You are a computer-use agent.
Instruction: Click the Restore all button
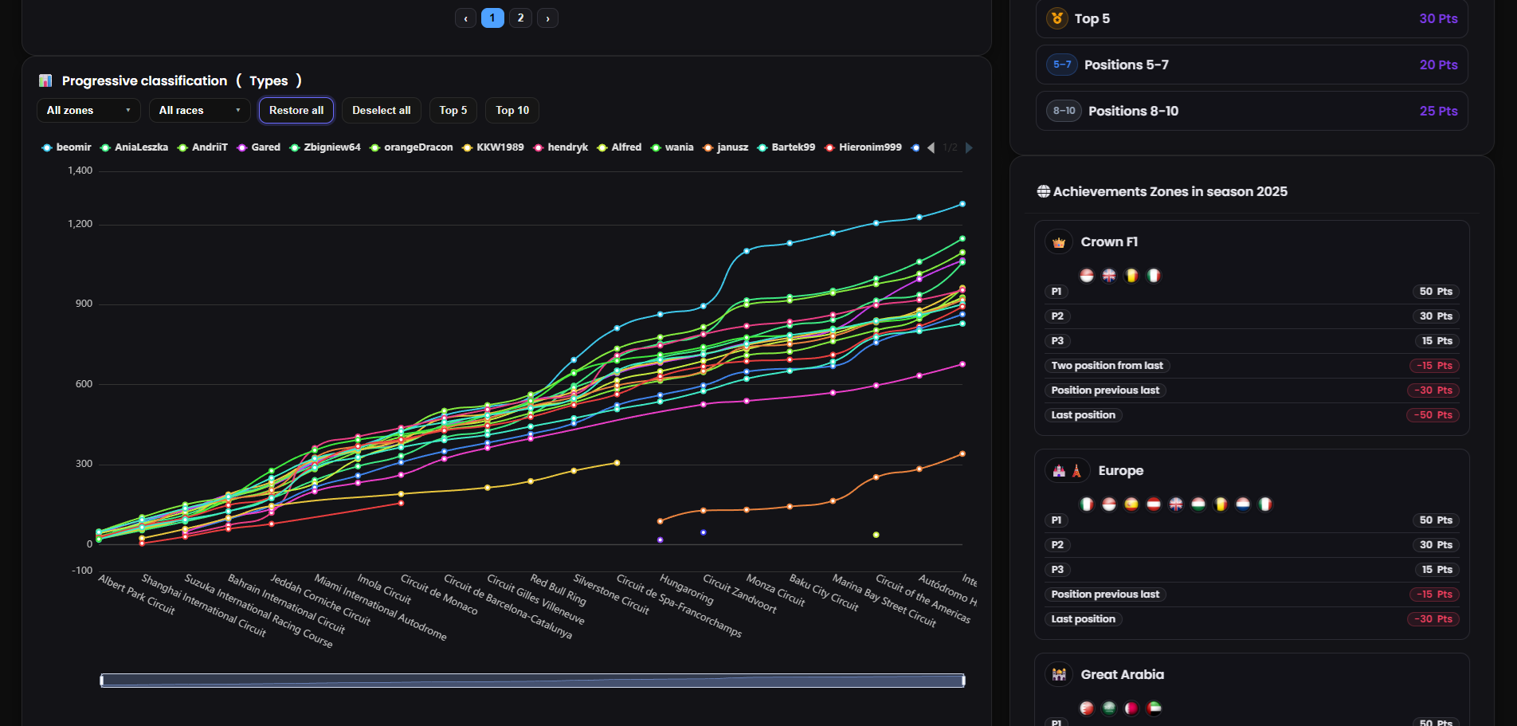(296, 111)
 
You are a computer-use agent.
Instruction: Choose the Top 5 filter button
(453, 111)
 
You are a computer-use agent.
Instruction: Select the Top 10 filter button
(512, 111)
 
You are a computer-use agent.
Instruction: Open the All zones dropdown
(88, 111)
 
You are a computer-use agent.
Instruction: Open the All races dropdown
(199, 111)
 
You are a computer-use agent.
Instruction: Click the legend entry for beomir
(68, 147)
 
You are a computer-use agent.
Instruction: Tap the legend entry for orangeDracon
(412, 147)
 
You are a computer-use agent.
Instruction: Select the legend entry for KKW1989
(494, 147)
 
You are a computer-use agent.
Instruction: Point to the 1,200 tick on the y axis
(80, 224)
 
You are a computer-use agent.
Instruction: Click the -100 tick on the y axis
(82, 571)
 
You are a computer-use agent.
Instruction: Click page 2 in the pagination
(520, 18)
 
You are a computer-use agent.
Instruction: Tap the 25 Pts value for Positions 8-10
(1438, 111)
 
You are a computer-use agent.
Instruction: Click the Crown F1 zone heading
(1109, 242)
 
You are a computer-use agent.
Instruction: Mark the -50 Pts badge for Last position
(1433, 415)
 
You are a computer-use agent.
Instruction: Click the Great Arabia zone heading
(1122, 675)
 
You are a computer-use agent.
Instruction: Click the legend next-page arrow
(969, 147)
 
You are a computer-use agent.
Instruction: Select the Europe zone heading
(1120, 471)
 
